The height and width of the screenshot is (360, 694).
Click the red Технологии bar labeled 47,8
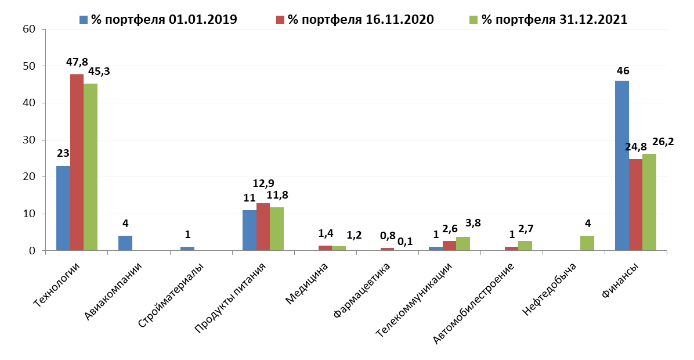pos(77,163)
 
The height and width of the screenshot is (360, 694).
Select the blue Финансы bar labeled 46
pos(622,165)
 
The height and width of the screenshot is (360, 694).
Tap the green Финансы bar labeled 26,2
pos(649,202)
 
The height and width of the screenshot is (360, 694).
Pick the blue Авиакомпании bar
pos(125,243)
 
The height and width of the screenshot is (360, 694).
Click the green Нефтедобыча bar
pos(587,243)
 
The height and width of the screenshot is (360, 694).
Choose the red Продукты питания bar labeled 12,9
pos(263,227)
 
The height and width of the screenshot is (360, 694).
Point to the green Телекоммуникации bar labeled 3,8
pos(463,244)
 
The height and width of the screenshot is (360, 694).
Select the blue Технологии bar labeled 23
pos(63,208)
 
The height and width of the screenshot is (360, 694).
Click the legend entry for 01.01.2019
pos(158,19)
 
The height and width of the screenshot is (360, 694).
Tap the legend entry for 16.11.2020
pos(355,19)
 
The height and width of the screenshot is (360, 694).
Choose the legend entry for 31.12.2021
pos(549,19)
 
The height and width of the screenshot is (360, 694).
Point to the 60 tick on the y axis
pos(29,29)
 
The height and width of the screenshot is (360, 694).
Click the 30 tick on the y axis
pos(29,140)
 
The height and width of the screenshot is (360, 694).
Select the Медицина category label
pos(308,283)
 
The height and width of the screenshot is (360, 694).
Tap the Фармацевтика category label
pos(363,290)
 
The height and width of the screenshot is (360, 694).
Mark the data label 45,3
pos(99,71)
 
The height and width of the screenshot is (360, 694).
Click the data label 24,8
pos(635,147)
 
